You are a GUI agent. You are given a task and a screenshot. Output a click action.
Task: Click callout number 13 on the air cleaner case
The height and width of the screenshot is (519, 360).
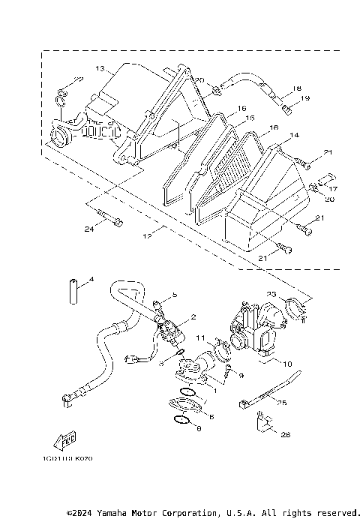tap(99, 69)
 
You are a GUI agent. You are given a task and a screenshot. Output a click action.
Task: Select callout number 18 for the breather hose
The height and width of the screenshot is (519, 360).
tap(297, 88)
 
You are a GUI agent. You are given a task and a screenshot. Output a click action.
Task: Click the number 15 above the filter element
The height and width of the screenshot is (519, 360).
tap(250, 118)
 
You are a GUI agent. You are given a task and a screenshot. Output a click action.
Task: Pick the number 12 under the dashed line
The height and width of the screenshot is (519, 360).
tap(147, 236)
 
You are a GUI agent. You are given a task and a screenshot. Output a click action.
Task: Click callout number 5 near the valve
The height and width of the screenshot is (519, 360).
tap(173, 296)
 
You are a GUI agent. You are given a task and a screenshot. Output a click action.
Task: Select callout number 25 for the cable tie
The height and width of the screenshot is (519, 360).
tap(281, 403)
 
